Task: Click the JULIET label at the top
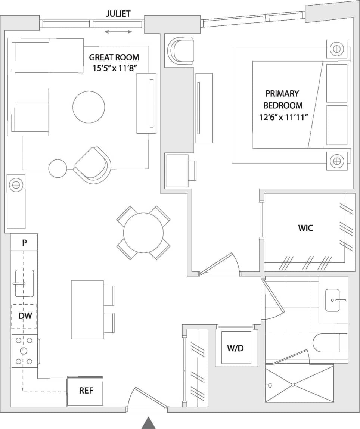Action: (118, 14)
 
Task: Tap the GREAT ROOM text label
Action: (114, 57)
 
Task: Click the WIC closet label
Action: (305, 228)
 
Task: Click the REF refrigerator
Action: (86, 391)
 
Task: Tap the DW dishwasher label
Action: (24, 316)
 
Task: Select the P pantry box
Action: (24, 242)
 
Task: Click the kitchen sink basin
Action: (24, 283)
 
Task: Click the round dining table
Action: (143, 233)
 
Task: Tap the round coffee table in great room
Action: (89, 107)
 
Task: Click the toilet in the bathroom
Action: (329, 343)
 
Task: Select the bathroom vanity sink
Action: (332, 300)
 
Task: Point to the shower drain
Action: (293, 384)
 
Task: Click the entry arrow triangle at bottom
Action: (148, 423)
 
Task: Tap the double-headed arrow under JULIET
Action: (118, 32)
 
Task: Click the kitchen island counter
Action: (87, 310)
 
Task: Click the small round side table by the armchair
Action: (58, 168)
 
